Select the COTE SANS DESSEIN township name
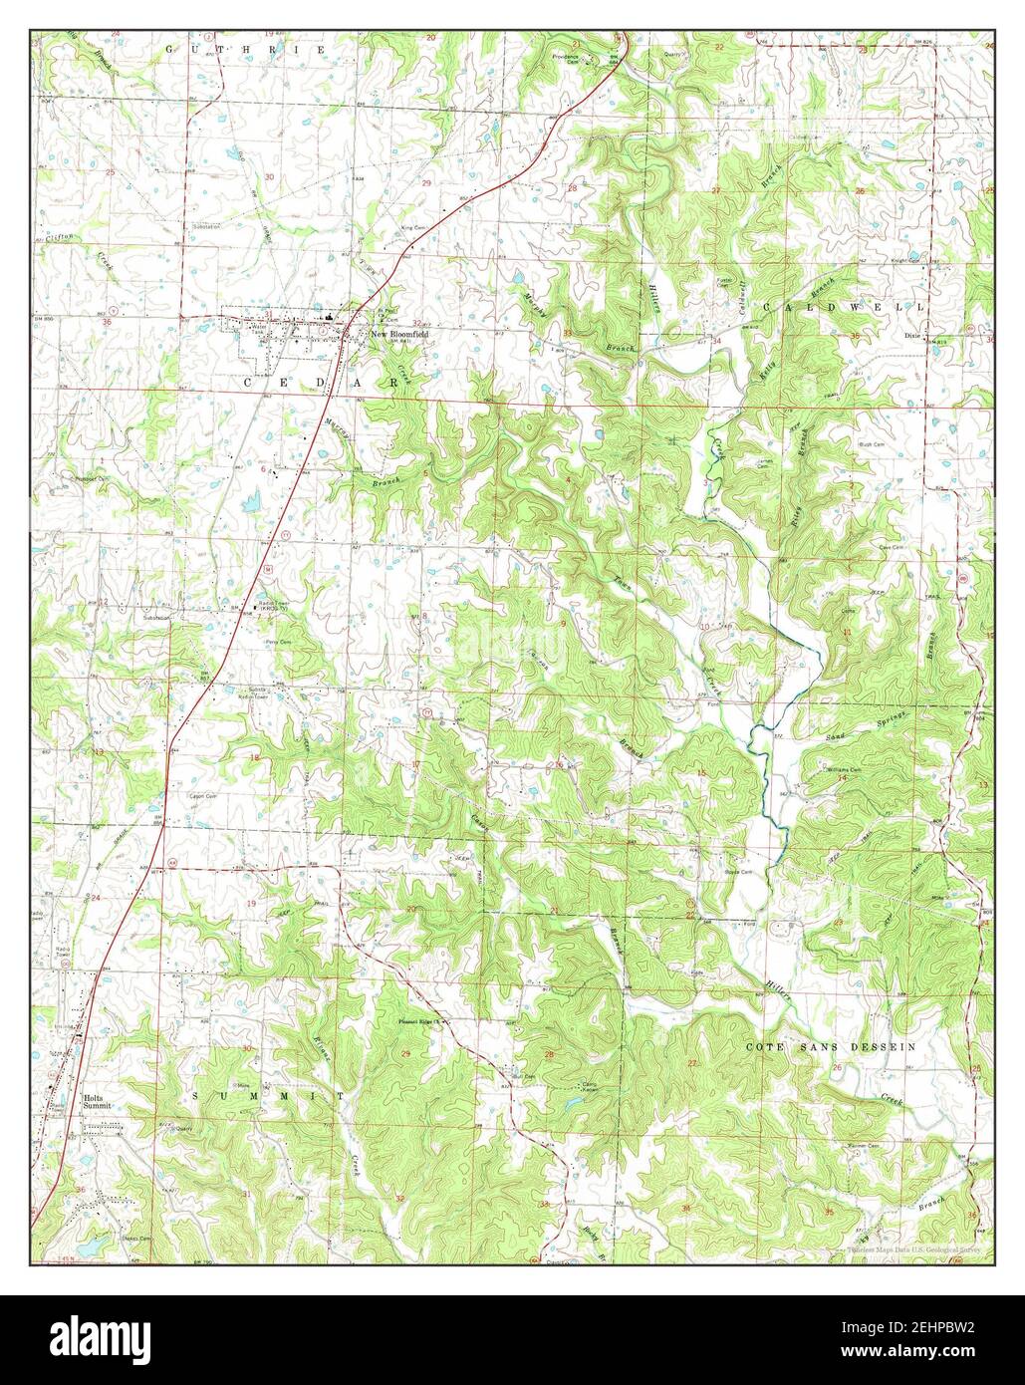pyautogui.click(x=831, y=1047)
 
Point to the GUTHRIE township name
pyautogui.click(x=245, y=49)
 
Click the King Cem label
pyautogui.click(x=411, y=228)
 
